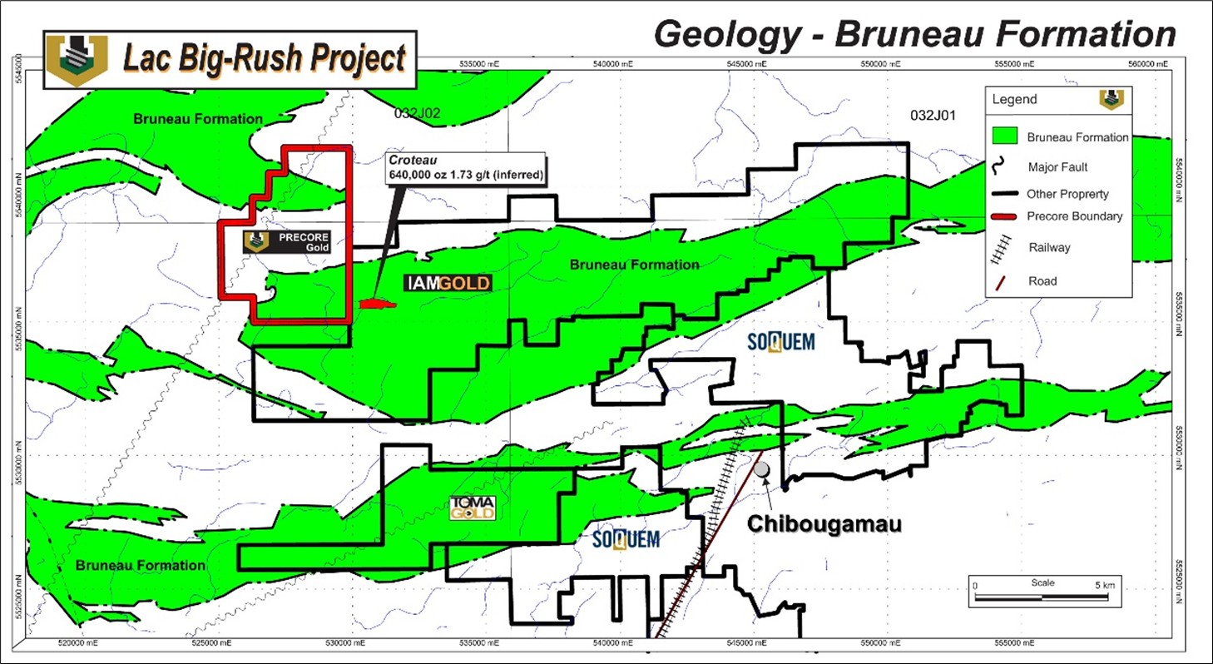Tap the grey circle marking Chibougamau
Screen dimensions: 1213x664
pyautogui.click(x=761, y=469)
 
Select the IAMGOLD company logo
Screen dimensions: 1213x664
pyautogui.click(x=448, y=283)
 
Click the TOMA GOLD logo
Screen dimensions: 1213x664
pyautogui.click(x=473, y=507)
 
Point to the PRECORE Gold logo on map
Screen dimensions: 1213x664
pyautogui.click(x=287, y=241)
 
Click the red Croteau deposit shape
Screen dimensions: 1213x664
pyautogui.click(x=376, y=304)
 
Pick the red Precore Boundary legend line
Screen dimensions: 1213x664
pyautogui.click(x=1007, y=216)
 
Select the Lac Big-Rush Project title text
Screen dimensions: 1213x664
pyautogui.click(x=265, y=59)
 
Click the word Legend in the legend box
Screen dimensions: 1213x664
pyautogui.click(x=1014, y=99)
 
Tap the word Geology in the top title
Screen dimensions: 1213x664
pyautogui.click(x=724, y=34)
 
